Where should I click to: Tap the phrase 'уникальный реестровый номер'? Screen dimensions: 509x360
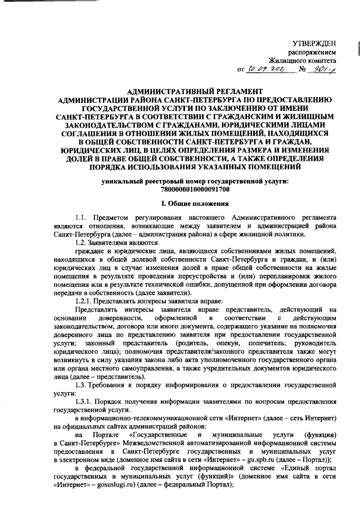(148, 181)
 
